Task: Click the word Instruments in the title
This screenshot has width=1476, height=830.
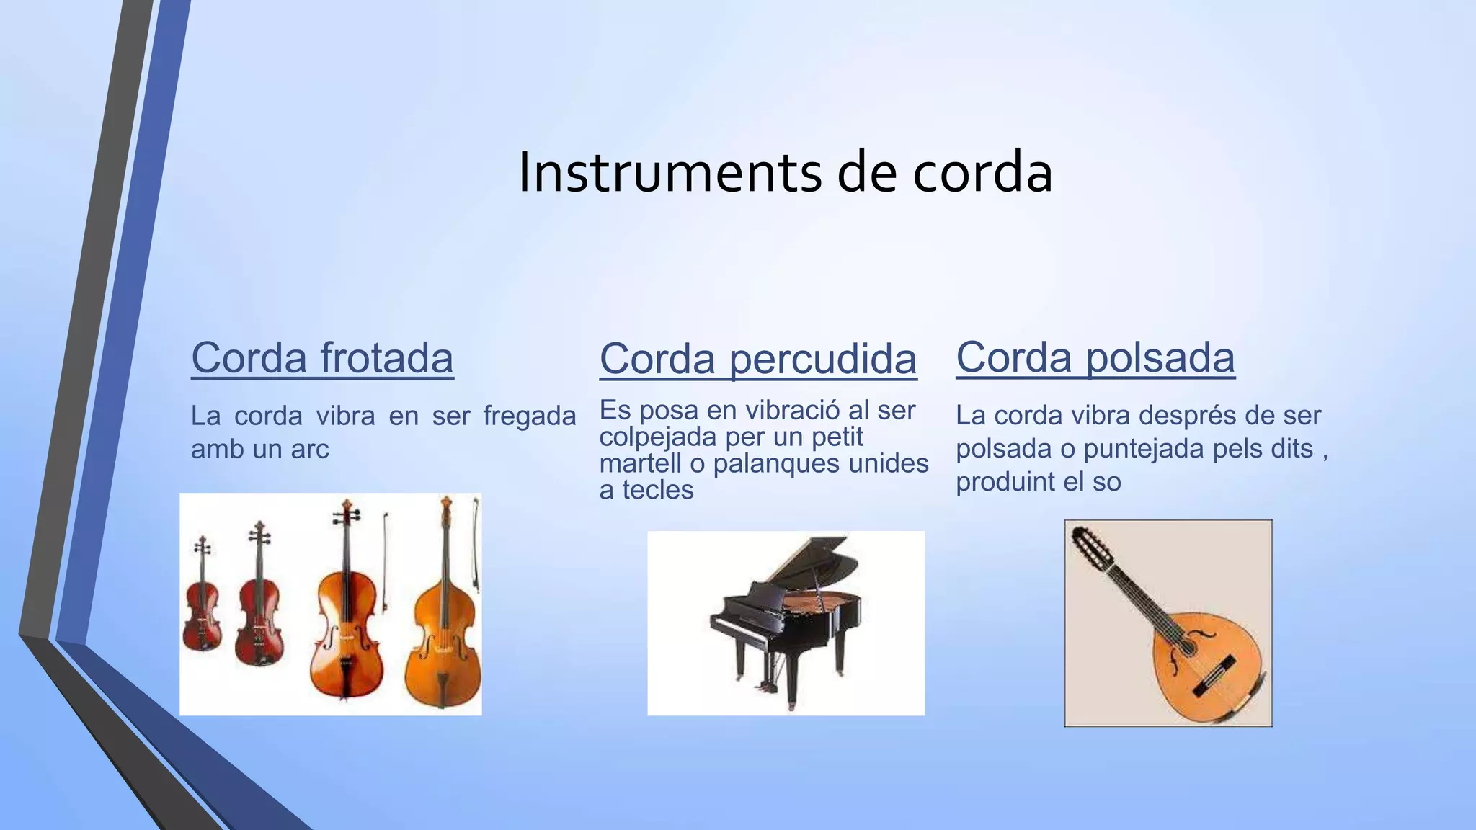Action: pyautogui.click(x=670, y=173)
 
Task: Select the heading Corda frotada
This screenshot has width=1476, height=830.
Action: pyautogui.click(x=322, y=357)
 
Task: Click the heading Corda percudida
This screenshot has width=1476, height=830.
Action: pyautogui.click(x=757, y=359)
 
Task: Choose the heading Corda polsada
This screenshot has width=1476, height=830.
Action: pyautogui.click(x=1095, y=357)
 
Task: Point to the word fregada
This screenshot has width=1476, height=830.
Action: pyautogui.click(x=529, y=416)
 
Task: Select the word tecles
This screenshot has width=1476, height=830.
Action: pyautogui.click(x=657, y=490)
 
